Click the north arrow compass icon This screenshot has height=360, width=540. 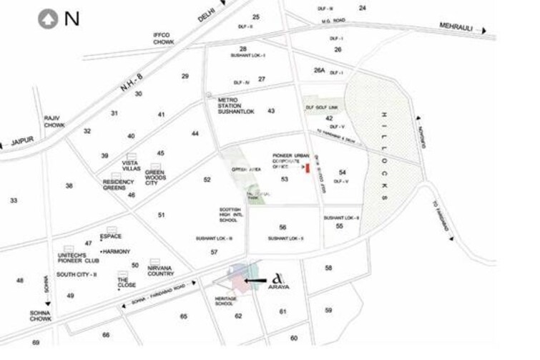(49, 19)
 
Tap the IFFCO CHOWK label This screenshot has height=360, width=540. (163, 38)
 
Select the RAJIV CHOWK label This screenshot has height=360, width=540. (54, 120)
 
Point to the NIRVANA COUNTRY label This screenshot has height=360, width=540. (160, 270)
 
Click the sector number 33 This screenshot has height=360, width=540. (14, 200)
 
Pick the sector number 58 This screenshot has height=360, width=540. (328, 268)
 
